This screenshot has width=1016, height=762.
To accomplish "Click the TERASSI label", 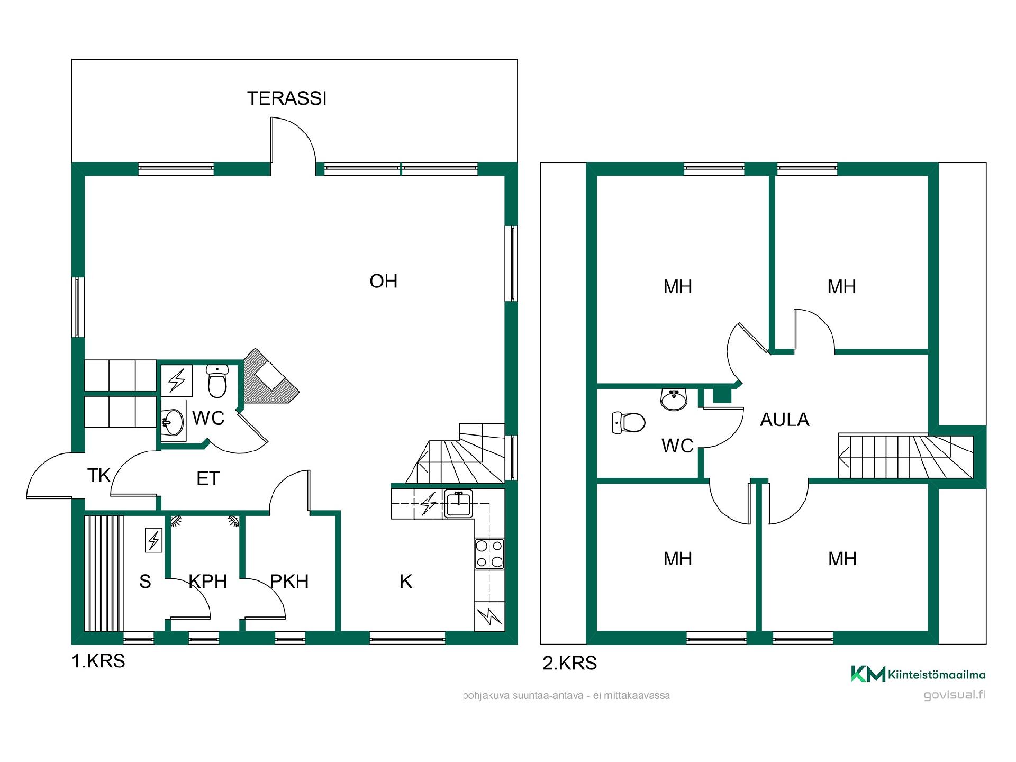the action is click(287, 98).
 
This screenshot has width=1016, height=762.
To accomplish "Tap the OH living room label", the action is click(384, 281).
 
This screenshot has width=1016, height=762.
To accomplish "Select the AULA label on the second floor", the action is click(785, 420).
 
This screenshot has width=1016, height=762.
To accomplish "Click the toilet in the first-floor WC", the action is click(217, 380).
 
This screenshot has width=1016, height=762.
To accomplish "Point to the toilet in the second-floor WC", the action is click(629, 423).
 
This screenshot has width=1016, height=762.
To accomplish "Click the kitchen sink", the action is click(458, 503).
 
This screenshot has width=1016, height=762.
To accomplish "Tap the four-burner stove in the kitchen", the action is click(489, 554).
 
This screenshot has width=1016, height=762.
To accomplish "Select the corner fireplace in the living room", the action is click(270, 377).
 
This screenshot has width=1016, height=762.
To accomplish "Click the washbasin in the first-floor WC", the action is click(173, 421).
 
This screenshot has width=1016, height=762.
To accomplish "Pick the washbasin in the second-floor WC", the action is click(674, 398).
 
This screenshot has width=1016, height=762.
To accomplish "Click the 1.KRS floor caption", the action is click(98, 661).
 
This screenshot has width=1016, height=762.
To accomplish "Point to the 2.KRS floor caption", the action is click(569, 663).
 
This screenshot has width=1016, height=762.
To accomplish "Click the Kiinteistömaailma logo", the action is click(918, 674).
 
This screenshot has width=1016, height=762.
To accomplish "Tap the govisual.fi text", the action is click(954, 695).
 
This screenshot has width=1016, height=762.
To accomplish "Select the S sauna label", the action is click(145, 582).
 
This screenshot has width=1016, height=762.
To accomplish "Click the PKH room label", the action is click(289, 582).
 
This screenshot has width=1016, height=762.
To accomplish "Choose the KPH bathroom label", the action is click(208, 582).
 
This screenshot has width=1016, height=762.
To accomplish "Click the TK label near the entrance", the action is click(99, 475).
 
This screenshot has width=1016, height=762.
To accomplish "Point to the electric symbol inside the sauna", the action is click(153, 540).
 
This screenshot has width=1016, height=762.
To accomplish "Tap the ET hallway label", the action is click(208, 478).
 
